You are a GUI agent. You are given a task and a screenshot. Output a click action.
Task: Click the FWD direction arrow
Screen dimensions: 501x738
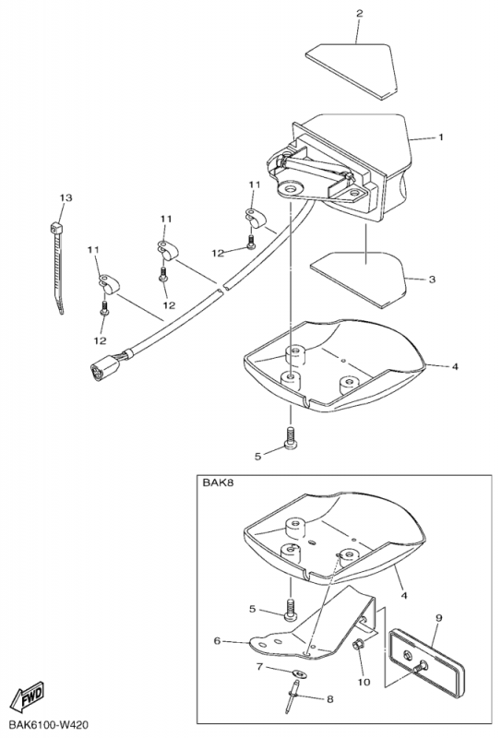pos(28,696)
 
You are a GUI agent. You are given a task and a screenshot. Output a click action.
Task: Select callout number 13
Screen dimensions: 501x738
pos(66,197)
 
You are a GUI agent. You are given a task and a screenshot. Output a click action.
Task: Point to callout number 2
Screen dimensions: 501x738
pos(359,13)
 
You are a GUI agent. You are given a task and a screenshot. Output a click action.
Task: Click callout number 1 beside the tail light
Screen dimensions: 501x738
pos(441,137)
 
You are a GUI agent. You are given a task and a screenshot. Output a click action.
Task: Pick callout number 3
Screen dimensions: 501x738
pos(432,280)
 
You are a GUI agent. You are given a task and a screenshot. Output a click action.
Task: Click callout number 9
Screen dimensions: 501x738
pos(438,618)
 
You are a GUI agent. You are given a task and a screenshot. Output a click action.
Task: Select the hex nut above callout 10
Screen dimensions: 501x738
pos(358,645)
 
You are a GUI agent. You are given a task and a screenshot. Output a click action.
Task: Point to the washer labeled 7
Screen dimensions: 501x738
pos(299,674)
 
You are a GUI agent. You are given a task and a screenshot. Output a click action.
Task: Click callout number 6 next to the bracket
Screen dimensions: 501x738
pos(217,641)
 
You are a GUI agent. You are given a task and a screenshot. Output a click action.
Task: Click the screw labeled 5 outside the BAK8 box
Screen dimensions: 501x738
pos(290,436)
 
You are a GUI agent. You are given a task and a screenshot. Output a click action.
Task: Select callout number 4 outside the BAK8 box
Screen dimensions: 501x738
pos(455,366)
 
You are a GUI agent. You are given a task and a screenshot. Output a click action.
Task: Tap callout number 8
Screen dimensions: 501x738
pos(329,699)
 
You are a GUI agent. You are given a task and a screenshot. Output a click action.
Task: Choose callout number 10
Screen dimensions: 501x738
pos(364,682)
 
